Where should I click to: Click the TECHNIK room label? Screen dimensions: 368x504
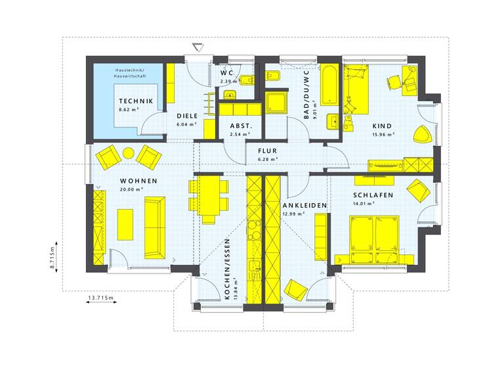(x=136, y=101)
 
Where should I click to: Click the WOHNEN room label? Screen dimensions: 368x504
(x=138, y=181)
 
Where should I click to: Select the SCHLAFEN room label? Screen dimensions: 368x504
(x=373, y=195)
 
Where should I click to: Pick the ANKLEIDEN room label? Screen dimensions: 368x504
(x=304, y=206)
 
